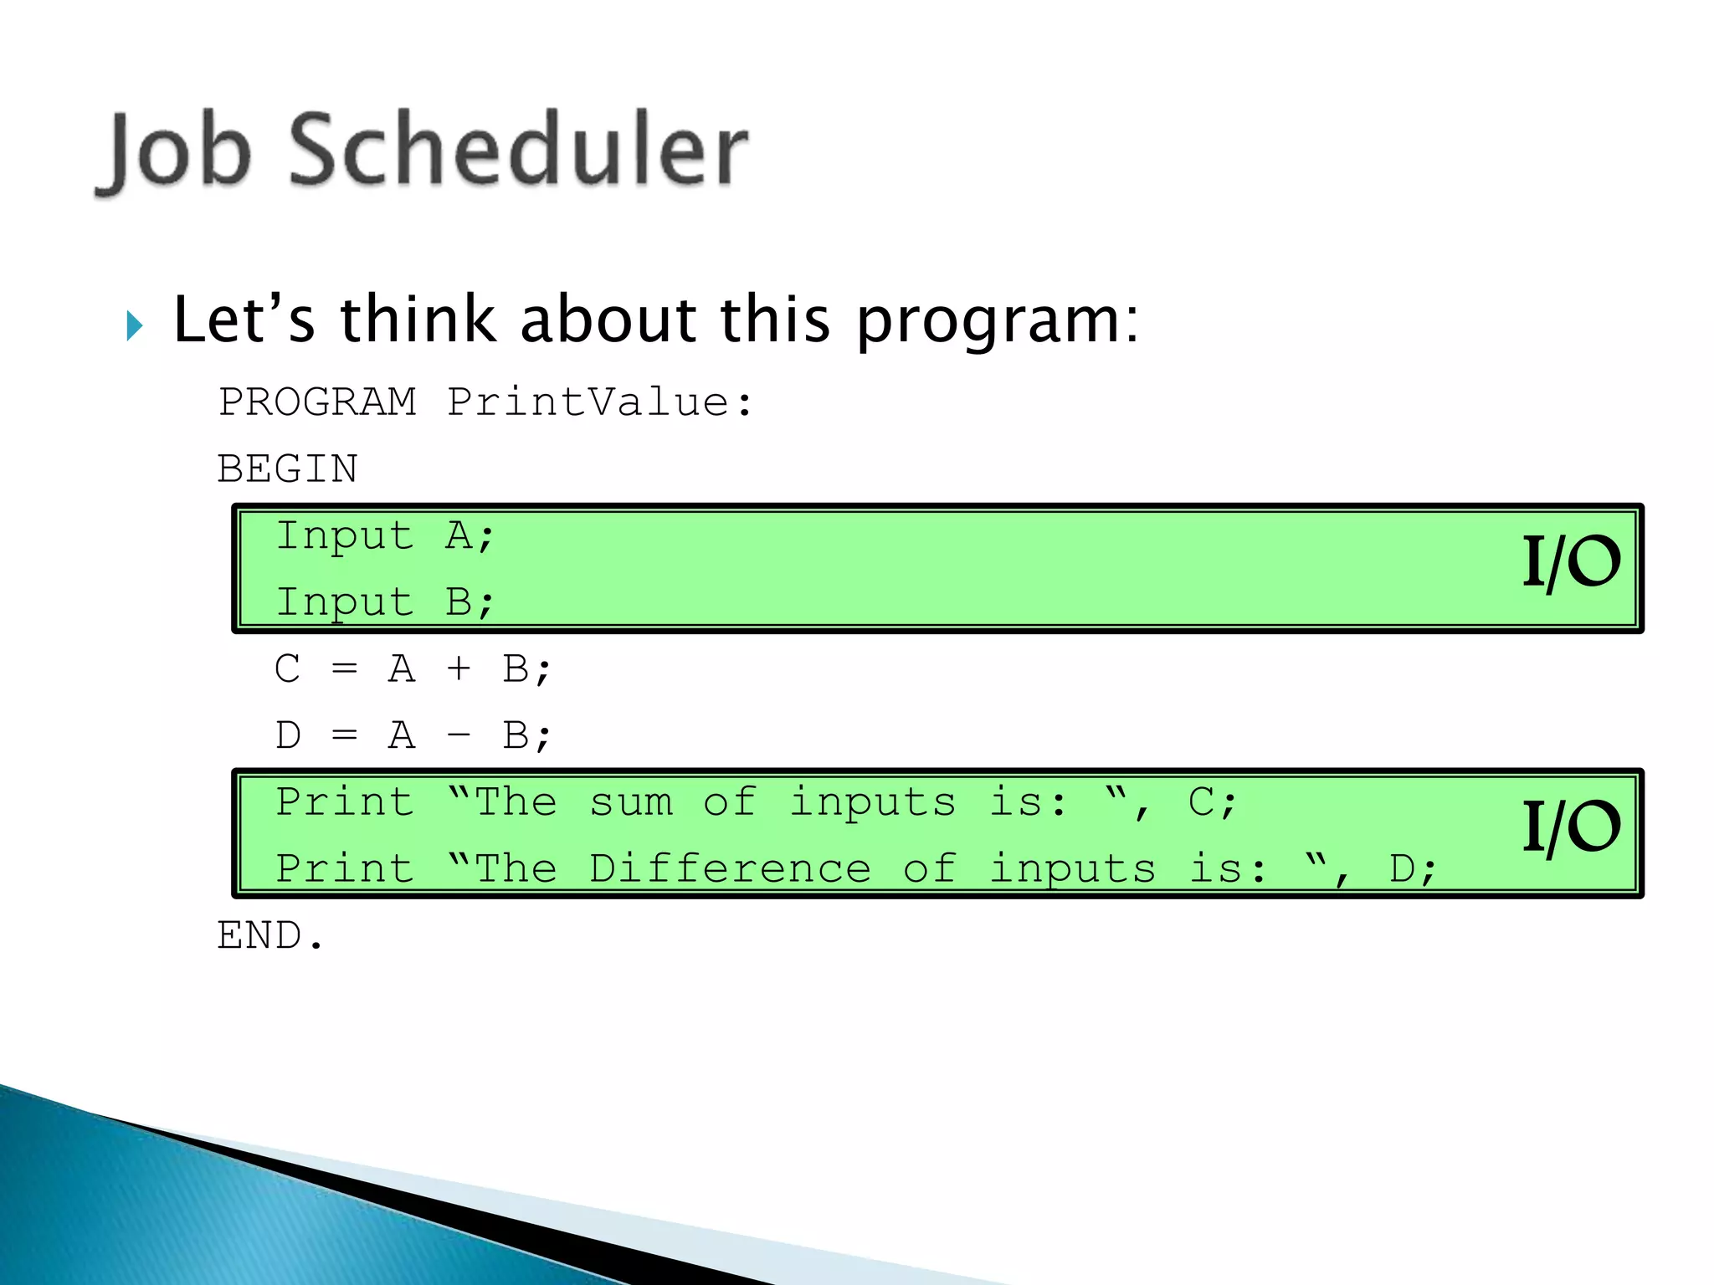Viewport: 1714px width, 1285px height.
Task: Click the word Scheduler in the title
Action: pyautogui.click(x=519, y=151)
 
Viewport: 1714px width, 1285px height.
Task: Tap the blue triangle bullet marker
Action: pyautogui.click(x=135, y=325)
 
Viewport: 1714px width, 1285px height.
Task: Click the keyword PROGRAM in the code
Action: pyautogui.click(x=317, y=402)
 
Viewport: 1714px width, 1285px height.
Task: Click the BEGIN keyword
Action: pyautogui.click(x=287, y=468)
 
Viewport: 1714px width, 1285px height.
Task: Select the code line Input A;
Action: pyautogui.click(x=385, y=535)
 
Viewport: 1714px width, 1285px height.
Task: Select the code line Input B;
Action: pyautogui.click(x=385, y=602)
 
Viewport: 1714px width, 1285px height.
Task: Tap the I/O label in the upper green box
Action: pyautogui.click(x=1570, y=562)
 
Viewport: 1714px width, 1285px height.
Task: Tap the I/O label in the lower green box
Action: pyautogui.click(x=1570, y=827)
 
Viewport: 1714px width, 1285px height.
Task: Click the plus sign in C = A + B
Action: pyautogui.click(x=458, y=668)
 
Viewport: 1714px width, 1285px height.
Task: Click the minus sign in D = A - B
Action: pyautogui.click(x=458, y=735)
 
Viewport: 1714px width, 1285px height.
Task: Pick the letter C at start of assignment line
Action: pyautogui.click(x=287, y=668)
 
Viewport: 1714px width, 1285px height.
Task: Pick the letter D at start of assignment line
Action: pyautogui.click(x=287, y=735)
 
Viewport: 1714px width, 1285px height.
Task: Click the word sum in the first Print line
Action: pyautogui.click(x=631, y=802)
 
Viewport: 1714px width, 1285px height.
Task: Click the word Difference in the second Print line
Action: pyautogui.click(x=729, y=868)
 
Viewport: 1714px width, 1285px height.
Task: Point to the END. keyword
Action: pyautogui.click(x=269, y=935)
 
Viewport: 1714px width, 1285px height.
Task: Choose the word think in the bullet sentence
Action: pyautogui.click(x=418, y=320)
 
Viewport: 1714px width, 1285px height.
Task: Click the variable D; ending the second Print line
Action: pyautogui.click(x=1413, y=868)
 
